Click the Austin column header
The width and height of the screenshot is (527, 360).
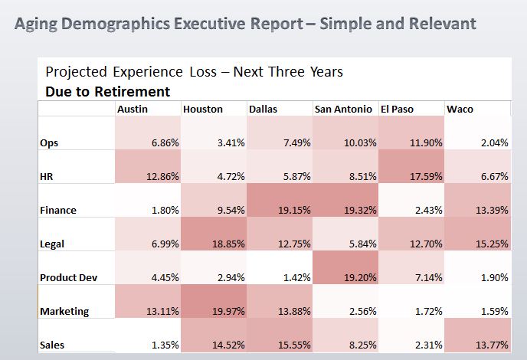click(133, 110)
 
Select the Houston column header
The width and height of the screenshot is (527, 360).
click(203, 110)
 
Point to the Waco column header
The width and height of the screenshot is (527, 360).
click(460, 110)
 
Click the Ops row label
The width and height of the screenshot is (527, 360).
click(49, 142)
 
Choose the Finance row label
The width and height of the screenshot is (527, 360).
click(57, 210)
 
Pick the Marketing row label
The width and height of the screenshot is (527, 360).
click(64, 311)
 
